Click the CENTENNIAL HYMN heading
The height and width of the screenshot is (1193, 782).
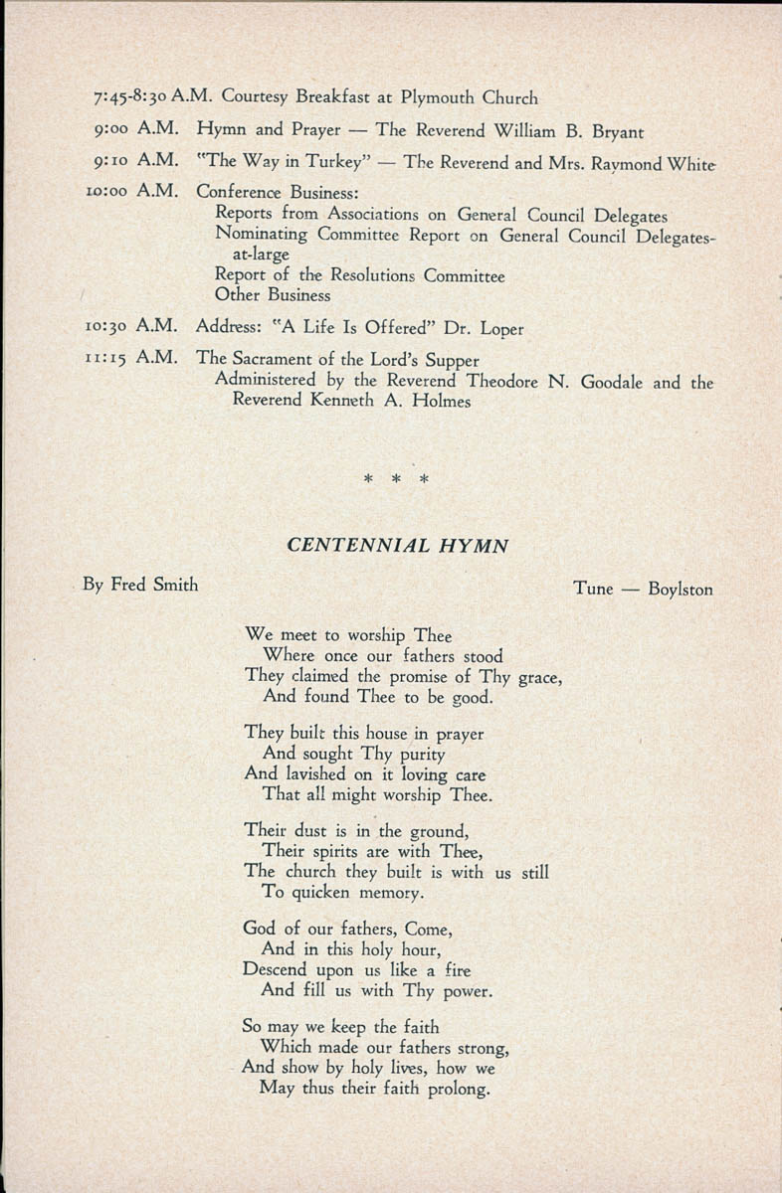pyautogui.click(x=398, y=546)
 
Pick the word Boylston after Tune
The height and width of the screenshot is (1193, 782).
pyautogui.click(x=681, y=590)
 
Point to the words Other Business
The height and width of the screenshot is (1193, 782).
pyautogui.click(x=273, y=295)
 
